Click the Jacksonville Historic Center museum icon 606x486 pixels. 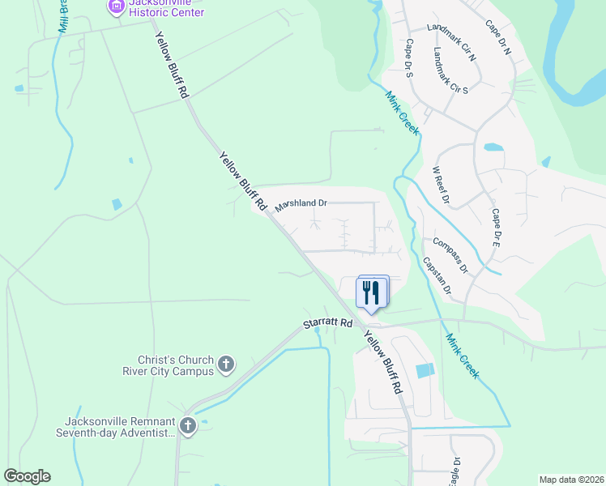click(116, 7)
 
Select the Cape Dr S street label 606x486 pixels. click(410, 58)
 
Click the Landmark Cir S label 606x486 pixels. click(451, 70)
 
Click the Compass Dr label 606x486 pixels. click(450, 254)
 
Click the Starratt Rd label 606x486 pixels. click(328, 322)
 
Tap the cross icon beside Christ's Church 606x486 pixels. click(226, 364)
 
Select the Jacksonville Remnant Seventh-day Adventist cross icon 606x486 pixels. click(188, 426)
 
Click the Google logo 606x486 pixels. click(27, 476)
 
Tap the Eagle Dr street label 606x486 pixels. click(456, 471)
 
